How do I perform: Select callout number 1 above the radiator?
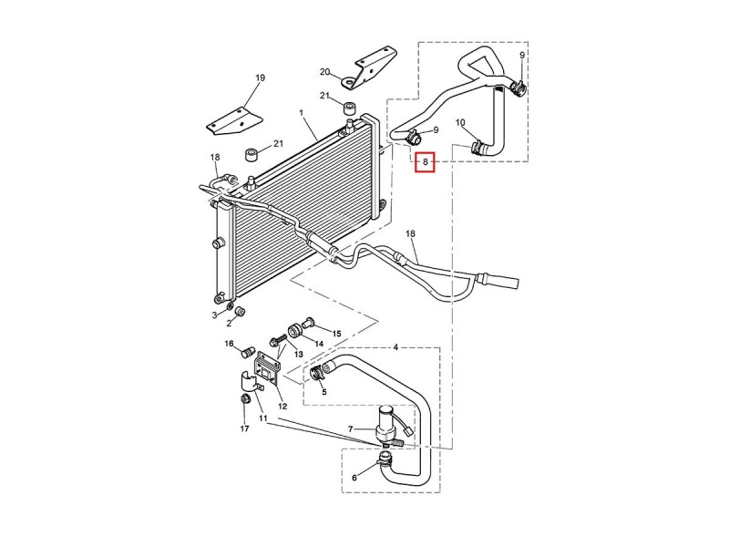coord(301,112)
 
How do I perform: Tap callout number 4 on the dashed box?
coord(395,347)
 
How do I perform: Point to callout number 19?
coord(259,78)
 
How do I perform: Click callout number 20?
coord(324,72)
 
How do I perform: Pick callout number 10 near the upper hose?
coord(460,122)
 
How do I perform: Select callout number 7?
coord(350,428)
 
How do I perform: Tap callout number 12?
coord(282,406)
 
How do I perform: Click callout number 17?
coord(244,428)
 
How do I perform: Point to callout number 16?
coord(230,344)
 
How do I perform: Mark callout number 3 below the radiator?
coord(215,315)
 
